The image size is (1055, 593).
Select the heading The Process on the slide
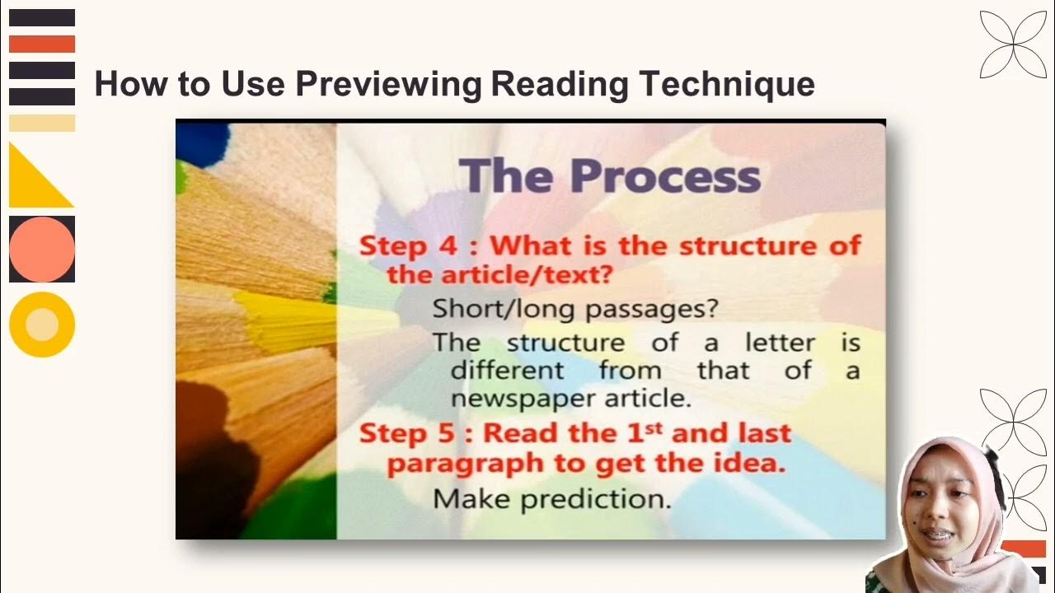[610, 175]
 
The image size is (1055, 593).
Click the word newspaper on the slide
[516, 399]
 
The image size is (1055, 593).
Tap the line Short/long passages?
[575, 310]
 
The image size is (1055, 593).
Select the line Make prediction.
[551, 498]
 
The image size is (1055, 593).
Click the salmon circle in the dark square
[42, 249]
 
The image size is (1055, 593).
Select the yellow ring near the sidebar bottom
[42, 325]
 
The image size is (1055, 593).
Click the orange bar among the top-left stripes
[42, 44]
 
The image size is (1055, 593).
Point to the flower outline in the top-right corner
[1012, 44]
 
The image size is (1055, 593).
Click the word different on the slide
[507, 371]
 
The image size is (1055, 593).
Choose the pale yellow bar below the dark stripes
[42, 124]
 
